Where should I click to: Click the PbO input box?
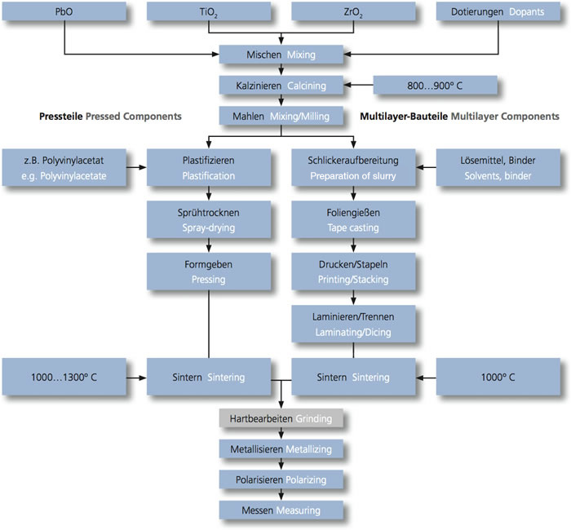pyautogui.click(x=65, y=12)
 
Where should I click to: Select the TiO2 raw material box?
pyautogui.click(x=209, y=12)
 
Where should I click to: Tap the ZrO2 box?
pyautogui.click(x=352, y=12)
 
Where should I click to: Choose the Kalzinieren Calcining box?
pyautogui.click(x=281, y=85)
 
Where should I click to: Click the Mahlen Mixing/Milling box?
pyautogui.click(x=281, y=116)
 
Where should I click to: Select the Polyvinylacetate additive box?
pyautogui.click(x=65, y=168)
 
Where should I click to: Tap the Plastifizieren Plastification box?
pyautogui.click(x=209, y=168)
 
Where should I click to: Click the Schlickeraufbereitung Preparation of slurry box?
pyautogui.click(x=352, y=168)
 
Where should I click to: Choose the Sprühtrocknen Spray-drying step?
pyautogui.click(x=209, y=220)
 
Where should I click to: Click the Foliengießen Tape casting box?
pyautogui.click(x=352, y=220)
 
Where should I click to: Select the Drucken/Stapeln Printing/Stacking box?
pyautogui.click(x=352, y=272)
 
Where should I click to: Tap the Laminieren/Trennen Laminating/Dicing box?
pyautogui.click(x=352, y=325)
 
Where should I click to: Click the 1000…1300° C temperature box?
pyautogui.click(x=65, y=378)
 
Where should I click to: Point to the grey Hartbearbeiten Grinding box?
pyautogui.click(x=281, y=417)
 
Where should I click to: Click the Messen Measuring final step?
pyautogui.click(x=281, y=509)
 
